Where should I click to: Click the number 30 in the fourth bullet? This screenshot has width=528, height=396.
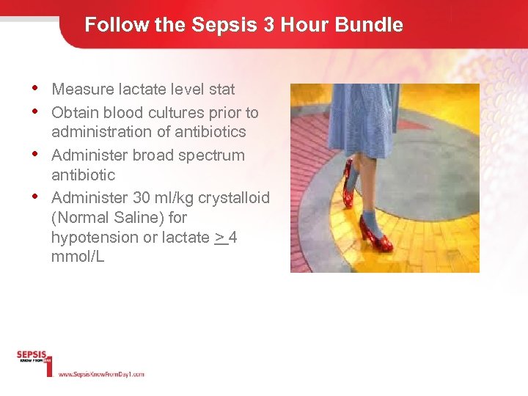pyautogui.click(x=142, y=198)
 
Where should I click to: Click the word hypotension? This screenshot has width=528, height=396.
pyautogui.click(x=93, y=238)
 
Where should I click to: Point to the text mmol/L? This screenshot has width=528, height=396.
pyautogui.click(x=78, y=257)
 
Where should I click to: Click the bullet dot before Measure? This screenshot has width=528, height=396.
pyautogui.click(x=35, y=88)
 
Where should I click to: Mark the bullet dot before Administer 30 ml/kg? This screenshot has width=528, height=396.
pyautogui.click(x=35, y=197)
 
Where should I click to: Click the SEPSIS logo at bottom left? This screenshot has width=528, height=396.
pyautogui.click(x=34, y=357)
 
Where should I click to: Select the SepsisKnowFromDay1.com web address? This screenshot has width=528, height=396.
pyautogui.click(x=101, y=374)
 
